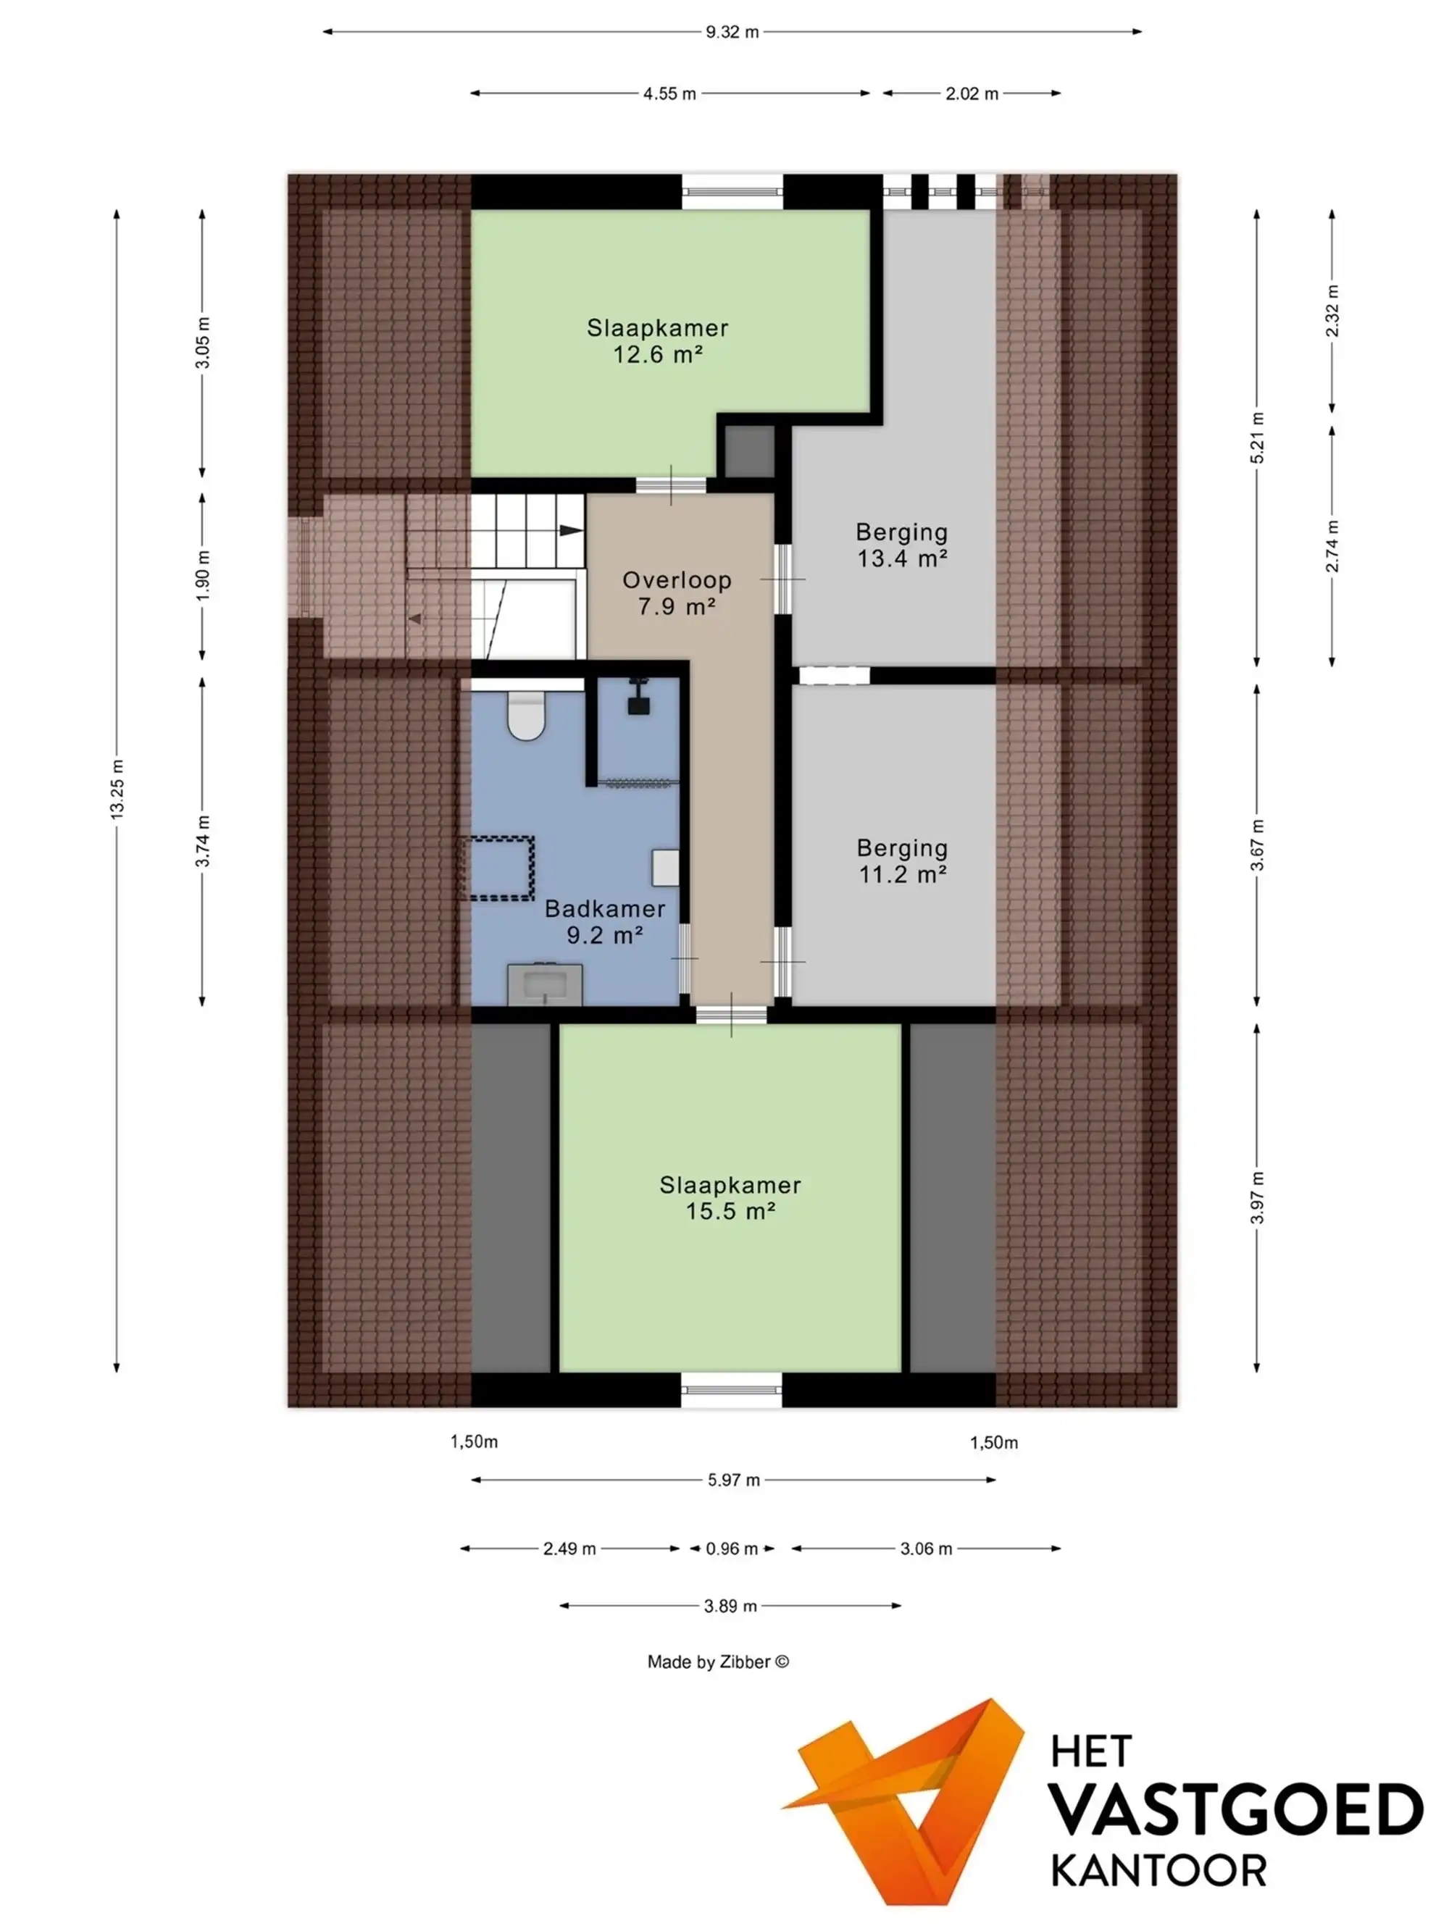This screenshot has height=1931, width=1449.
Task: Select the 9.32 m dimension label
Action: point(732,33)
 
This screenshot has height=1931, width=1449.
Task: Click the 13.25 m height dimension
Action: point(117,788)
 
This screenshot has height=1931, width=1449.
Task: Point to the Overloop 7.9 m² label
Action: point(677,592)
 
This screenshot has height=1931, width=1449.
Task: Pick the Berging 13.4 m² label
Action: point(901,545)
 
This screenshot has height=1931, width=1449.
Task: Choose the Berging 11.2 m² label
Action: point(902,860)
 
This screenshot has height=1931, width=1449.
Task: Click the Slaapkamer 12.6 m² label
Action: point(658,340)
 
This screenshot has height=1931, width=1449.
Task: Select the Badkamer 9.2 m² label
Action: point(605,921)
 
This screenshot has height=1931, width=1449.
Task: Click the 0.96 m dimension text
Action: point(732,1549)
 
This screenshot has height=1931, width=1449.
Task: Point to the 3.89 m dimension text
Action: point(730,1605)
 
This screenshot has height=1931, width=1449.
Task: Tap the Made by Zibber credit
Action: point(718,1662)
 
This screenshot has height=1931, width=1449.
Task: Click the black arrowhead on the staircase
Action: point(571,530)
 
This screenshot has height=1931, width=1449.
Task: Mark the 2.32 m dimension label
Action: point(1332,310)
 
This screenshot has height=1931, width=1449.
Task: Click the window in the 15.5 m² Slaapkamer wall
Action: point(732,1389)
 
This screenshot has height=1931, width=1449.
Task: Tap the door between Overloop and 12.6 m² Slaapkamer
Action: point(671,485)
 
